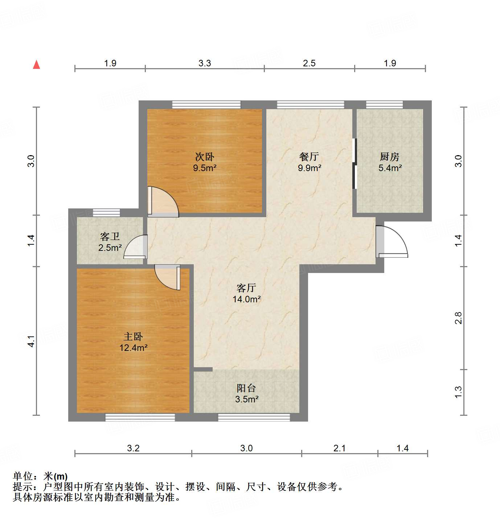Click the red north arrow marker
pyautogui.click(x=36, y=65)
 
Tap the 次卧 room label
pyautogui.click(x=205, y=157)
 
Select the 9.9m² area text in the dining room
pyautogui.click(x=310, y=168)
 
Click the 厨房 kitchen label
pyautogui.click(x=390, y=157)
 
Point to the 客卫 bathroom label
pyautogui.click(x=110, y=237)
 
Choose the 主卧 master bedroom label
pyautogui.click(x=133, y=337)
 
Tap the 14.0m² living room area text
pyautogui.click(x=247, y=299)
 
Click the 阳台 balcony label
pyautogui.click(x=246, y=388)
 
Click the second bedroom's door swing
pyautogui.click(x=163, y=202)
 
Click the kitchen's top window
pyautogui.click(x=384, y=105)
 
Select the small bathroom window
pyautogui.click(x=106, y=213)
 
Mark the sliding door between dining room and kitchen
pyautogui.click(x=354, y=164)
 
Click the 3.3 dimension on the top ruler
pyautogui.click(x=205, y=63)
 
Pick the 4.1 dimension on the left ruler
pyautogui.click(x=32, y=341)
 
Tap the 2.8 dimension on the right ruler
pyautogui.click(x=459, y=318)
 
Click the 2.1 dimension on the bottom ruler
pyautogui.click(x=340, y=448)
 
